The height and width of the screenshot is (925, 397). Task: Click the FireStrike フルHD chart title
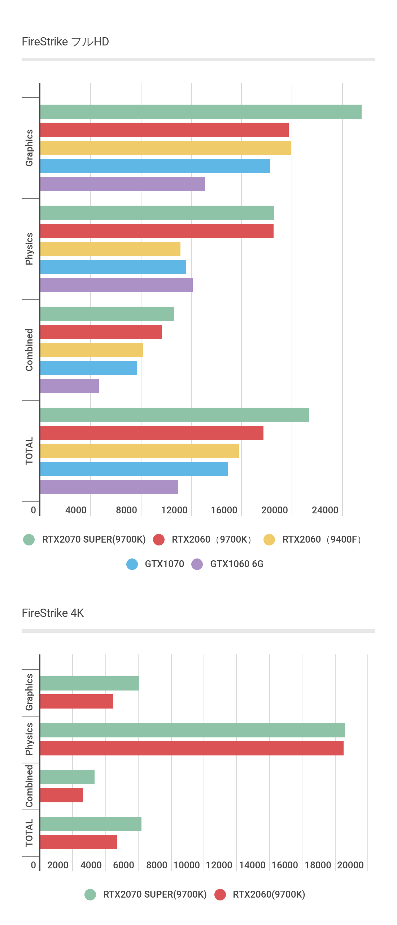[65, 42]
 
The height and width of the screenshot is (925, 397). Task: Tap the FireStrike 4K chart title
[53, 613]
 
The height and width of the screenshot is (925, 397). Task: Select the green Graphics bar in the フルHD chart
[201, 112]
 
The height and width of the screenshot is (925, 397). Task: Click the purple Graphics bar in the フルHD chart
[122, 184]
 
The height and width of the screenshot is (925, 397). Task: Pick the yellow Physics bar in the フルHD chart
[110, 249]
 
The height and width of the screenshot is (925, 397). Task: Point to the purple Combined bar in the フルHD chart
[69, 386]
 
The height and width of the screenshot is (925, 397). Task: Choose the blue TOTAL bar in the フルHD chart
[134, 469]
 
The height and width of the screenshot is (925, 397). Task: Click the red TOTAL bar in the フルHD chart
[152, 433]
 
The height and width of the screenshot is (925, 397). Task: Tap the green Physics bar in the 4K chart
[192, 730]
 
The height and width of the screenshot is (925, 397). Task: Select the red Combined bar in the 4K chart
[61, 795]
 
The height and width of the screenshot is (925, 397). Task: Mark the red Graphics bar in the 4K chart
[77, 701]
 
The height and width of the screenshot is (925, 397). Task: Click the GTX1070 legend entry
[164, 564]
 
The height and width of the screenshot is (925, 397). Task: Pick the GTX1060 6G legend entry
[236, 564]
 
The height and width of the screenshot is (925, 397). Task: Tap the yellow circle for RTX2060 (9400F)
[269, 540]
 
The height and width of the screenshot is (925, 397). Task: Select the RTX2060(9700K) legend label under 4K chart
[269, 894]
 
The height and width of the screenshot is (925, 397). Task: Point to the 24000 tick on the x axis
[325, 510]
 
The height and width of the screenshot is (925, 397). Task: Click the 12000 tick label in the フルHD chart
[174, 510]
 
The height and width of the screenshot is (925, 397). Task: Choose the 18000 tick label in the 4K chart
[318, 865]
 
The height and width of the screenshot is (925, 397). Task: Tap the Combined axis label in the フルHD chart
[29, 350]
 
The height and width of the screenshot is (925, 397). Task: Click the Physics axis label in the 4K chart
[29, 739]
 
